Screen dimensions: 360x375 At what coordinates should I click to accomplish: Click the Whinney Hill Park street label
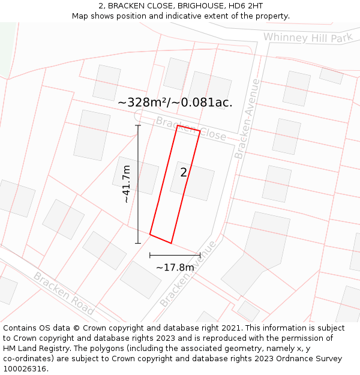pos(307,38)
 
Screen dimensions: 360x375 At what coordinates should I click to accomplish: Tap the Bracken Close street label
pos(191,128)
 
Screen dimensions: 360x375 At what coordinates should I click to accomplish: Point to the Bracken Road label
pos(64,293)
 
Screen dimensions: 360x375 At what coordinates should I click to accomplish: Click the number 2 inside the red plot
pos(184,173)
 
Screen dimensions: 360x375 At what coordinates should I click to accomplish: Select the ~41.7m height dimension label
pos(126,184)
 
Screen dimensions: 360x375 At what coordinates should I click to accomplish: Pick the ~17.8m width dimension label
pos(175,267)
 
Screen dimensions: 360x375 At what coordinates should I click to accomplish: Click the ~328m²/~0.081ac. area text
pos(175,103)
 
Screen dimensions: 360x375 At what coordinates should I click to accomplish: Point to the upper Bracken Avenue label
pos(248,118)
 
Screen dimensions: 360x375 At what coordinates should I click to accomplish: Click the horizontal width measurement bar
pos(175,255)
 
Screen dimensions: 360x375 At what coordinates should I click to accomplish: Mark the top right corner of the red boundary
pos(200,131)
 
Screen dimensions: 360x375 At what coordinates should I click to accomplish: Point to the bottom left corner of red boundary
pos(150,234)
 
